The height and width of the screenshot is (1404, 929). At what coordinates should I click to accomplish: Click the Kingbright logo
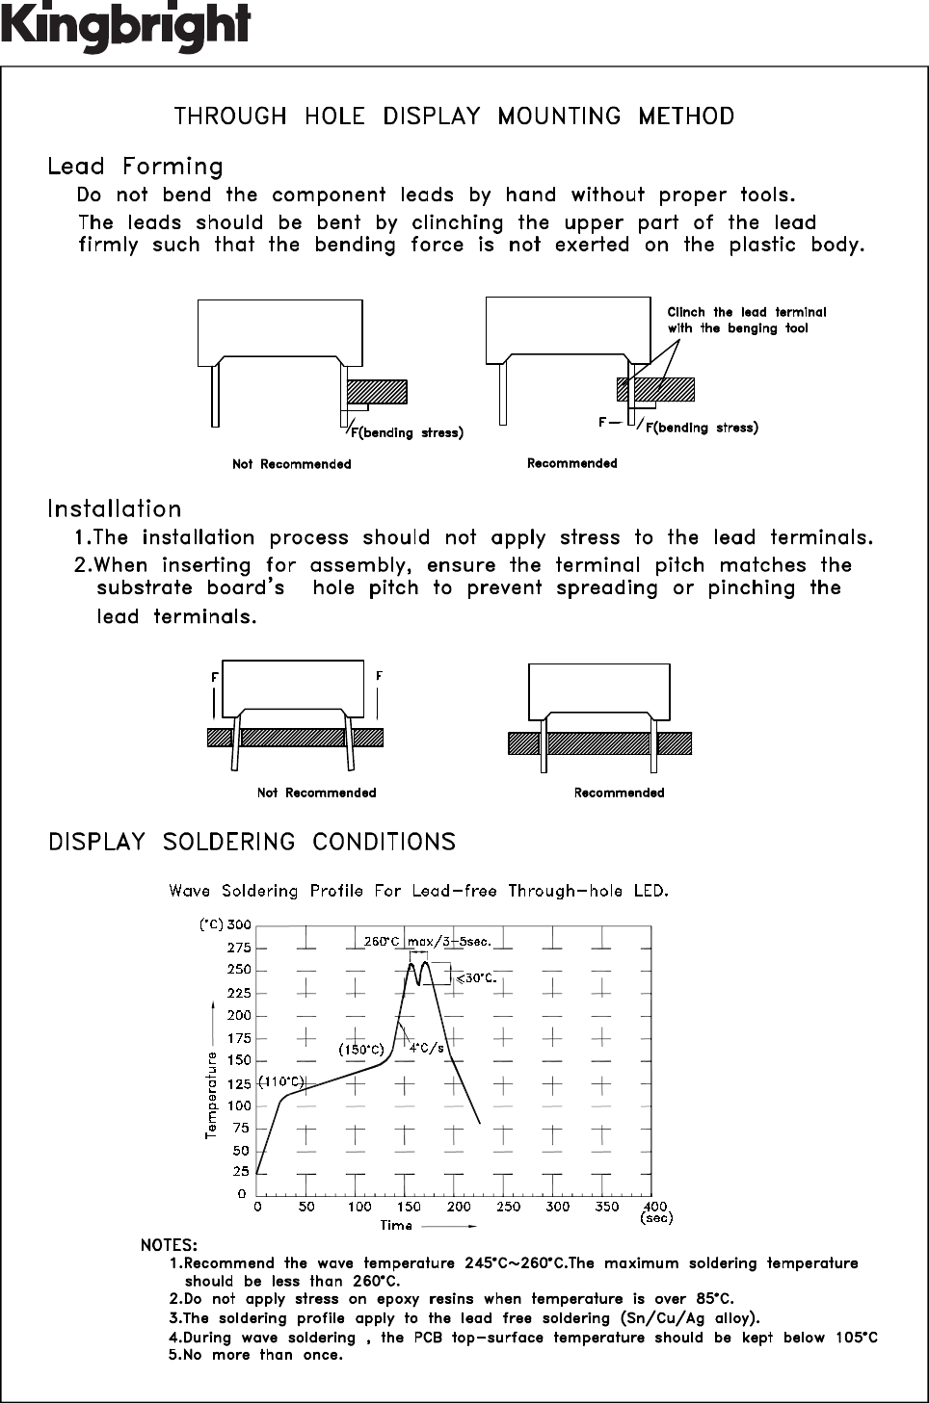click(126, 26)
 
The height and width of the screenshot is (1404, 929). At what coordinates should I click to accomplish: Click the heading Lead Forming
click(135, 167)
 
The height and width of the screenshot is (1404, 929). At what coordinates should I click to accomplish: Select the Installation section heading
click(114, 508)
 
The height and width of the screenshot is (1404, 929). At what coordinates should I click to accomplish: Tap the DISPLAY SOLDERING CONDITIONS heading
click(252, 842)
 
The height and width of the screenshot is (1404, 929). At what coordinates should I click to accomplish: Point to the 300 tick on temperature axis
click(238, 924)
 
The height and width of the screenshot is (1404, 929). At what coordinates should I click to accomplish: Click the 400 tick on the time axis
click(655, 1206)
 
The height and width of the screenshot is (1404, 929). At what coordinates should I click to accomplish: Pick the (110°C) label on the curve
click(280, 1082)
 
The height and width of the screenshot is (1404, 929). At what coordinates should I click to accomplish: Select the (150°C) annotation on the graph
click(361, 1049)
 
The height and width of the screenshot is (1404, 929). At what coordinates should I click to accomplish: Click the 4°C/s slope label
click(427, 1048)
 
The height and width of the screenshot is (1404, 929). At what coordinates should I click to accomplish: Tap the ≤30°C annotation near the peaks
click(475, 977)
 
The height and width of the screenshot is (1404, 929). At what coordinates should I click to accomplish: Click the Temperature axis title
click(211, 1095)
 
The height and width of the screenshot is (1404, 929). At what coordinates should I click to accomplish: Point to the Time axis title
click(396, 1226)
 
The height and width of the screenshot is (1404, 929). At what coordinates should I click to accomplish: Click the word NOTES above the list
click(169, 1245)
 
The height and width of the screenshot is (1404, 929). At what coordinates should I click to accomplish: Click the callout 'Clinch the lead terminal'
click(746, 312)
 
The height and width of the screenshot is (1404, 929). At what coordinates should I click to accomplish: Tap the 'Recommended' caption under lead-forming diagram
click(571, 463)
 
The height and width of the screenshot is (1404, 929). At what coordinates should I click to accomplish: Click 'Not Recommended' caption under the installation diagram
click(316, 793)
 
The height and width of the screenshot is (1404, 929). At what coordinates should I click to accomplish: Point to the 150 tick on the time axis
click(408, 1206)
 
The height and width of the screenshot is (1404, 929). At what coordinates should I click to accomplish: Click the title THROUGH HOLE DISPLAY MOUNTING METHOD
click(454, 117)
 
